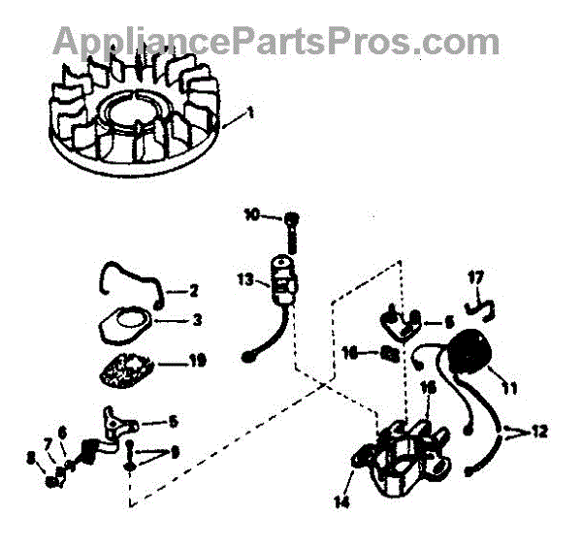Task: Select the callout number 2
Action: pos(194,290)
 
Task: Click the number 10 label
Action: pos(251,214)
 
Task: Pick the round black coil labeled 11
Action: pos(472,353)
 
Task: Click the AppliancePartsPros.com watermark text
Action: pos(275,41)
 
